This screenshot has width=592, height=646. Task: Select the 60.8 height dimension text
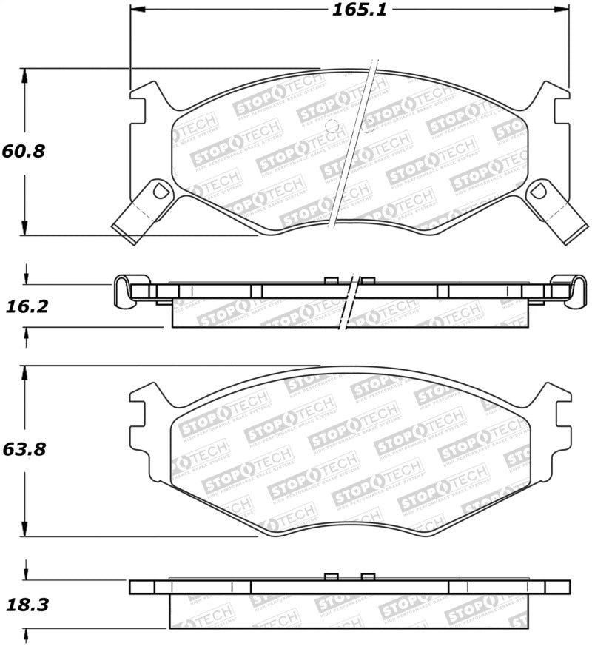[24, 152]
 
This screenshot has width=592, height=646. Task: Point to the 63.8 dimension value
[24, 449]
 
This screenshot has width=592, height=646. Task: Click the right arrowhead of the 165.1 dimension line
[563, 10]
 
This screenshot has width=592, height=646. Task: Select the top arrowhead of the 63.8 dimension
[26, 371]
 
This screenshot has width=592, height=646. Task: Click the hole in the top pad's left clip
[156, 192]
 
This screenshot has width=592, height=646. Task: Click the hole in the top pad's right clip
[539, 192]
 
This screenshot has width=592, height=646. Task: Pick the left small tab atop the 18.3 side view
[332, 576]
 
